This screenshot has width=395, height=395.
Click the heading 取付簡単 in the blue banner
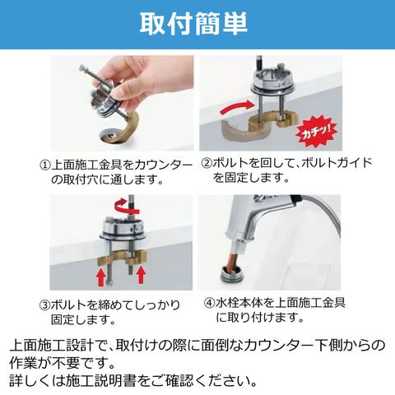click(193, 24)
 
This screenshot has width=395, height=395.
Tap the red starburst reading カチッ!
click(316, 132)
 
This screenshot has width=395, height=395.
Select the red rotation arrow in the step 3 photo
click(127, 207)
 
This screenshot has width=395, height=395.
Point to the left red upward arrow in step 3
click(101, 277)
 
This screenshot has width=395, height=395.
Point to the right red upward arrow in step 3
click(142, 275)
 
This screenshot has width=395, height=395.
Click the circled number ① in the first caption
click(45, 165)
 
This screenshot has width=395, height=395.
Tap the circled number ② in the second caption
click(207, 164)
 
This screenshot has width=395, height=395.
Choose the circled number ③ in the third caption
click(44, 305)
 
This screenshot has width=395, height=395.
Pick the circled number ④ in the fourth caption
click(209, 303)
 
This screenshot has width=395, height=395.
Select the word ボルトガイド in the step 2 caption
click(337, 164)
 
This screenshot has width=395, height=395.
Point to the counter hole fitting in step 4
click(232, 274)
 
